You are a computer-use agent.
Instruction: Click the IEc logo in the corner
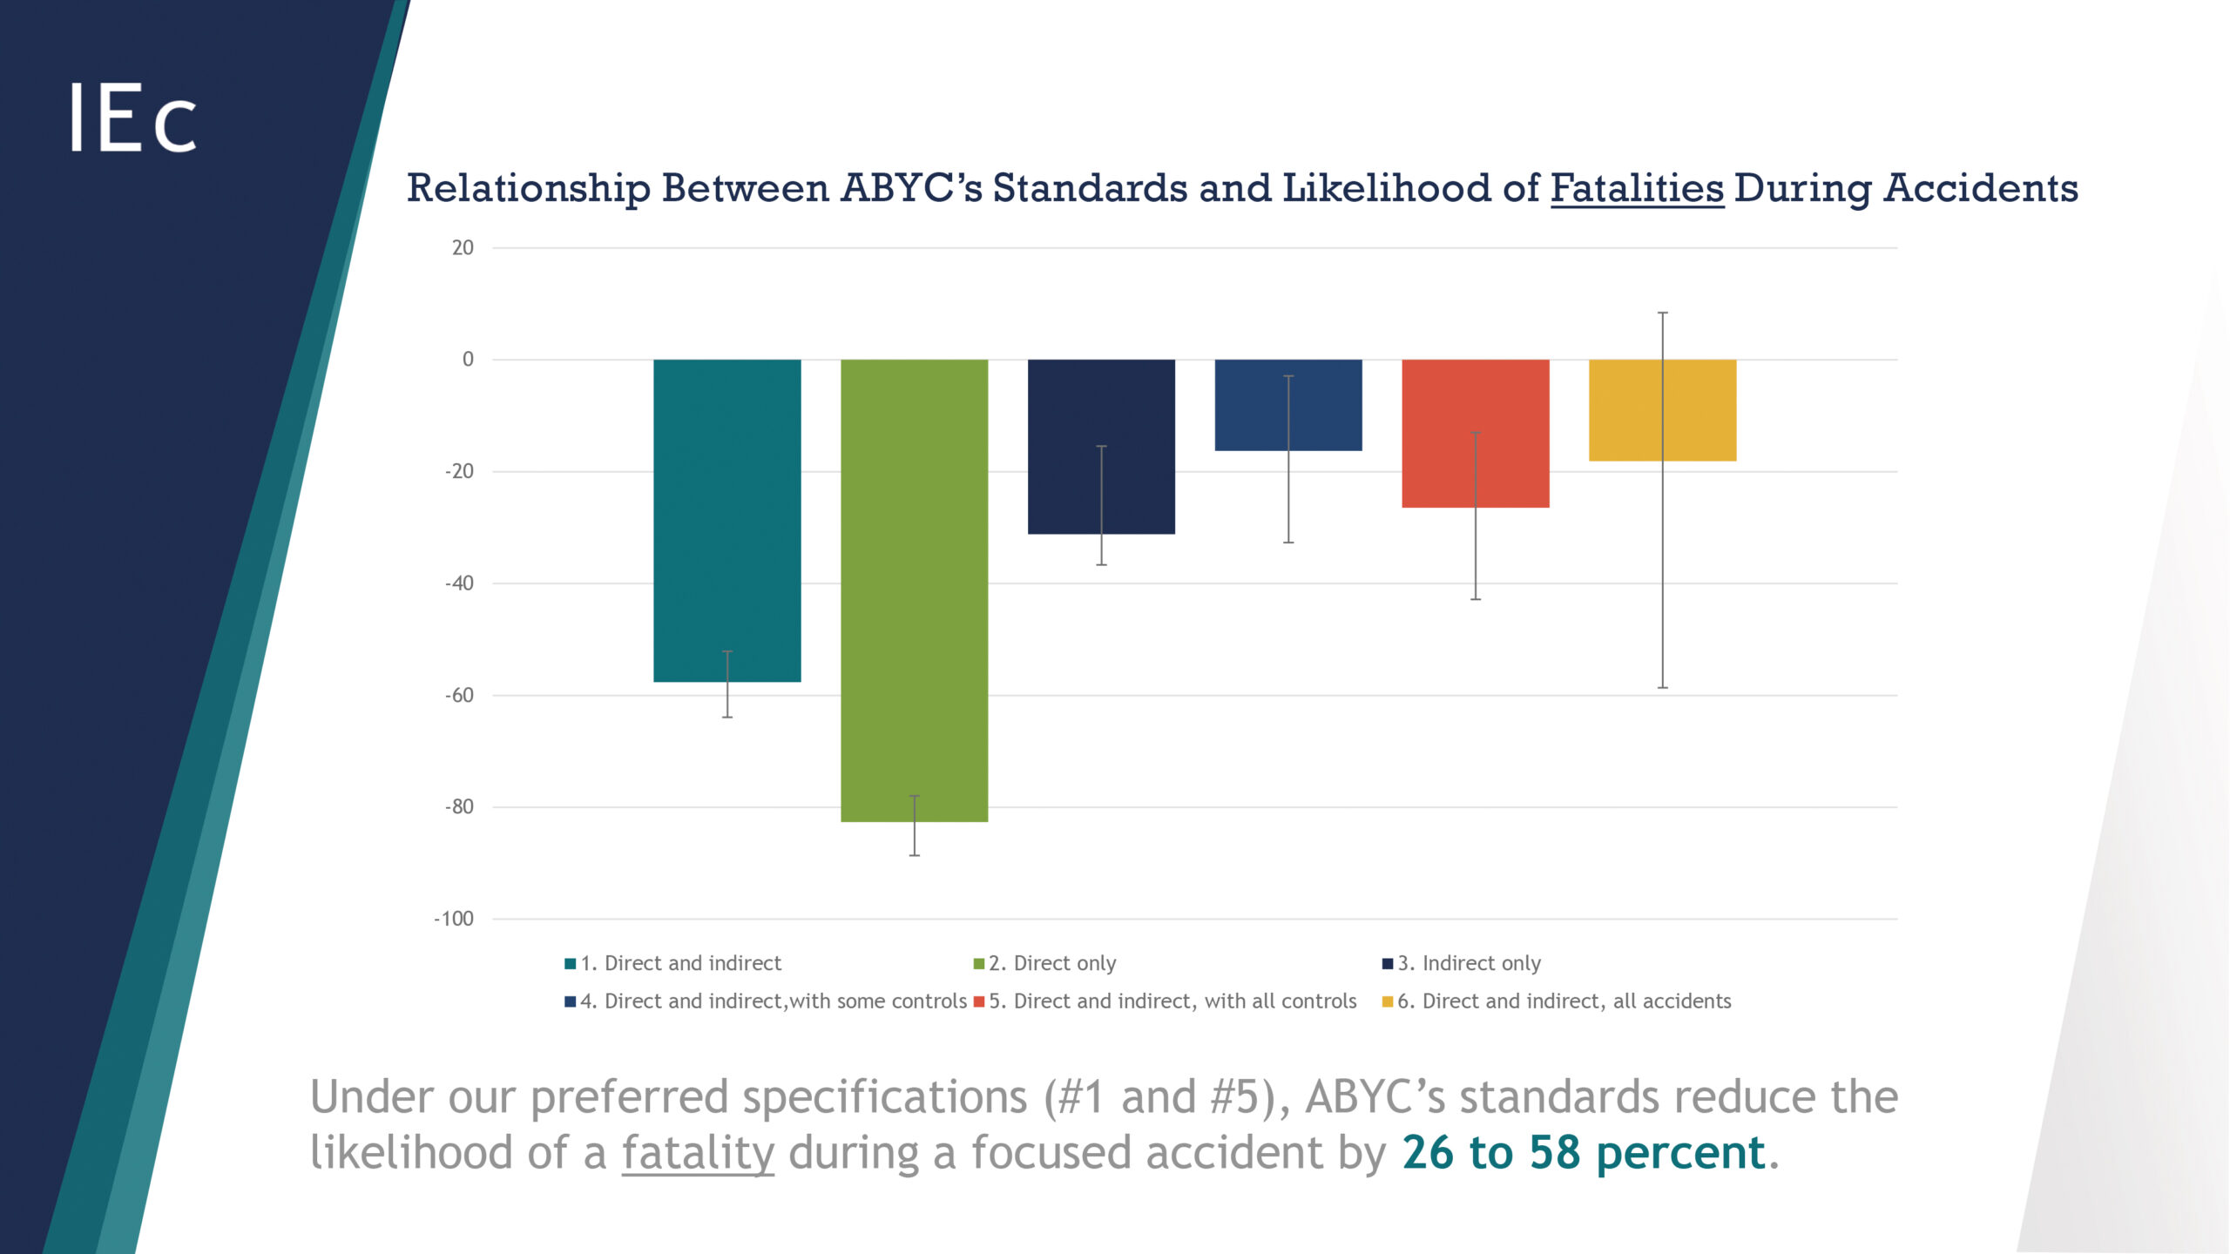tap(132, 118)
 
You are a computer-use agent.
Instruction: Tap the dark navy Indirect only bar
tap(1101, 446)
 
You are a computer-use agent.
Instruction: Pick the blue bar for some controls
tap(1288, 405)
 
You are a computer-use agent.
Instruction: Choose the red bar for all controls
tap(1475, 433)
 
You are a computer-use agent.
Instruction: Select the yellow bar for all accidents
tap(1662, 410)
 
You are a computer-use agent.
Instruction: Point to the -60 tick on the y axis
tap(460, 695)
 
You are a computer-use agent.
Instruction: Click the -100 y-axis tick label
tap(454, 919)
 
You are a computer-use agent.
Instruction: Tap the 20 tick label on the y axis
tap(463, 248)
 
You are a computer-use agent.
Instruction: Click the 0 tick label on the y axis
tap(468, 360)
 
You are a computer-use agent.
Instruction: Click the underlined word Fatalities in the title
tap(1637, 188)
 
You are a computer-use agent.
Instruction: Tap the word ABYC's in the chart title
tap(911, 188)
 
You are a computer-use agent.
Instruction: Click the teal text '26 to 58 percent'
tap(1584, 1152)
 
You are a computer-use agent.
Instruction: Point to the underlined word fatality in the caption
tap(698, 1152)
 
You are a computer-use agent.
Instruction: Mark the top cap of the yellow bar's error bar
tap(1662, 313)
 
